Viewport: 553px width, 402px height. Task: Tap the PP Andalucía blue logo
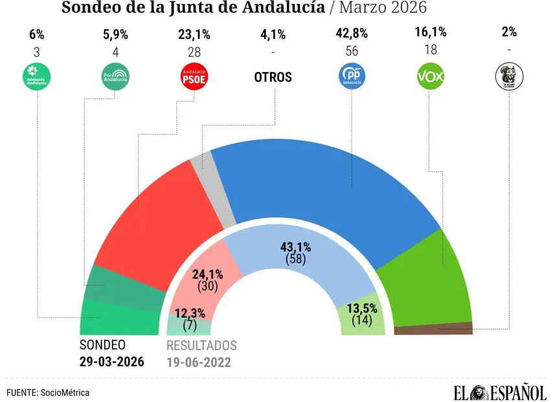coord(353,77)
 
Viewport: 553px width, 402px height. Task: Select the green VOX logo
coord(430,77)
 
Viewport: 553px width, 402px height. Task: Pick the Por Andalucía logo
coord(116,77)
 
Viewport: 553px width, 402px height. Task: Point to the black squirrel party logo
coord(509,77)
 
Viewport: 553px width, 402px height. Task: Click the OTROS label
coord(273,77)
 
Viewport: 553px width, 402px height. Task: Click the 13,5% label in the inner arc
coord(361,307)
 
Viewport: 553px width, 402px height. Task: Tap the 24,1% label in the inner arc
coord(209,273)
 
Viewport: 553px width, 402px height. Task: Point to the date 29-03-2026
coord(112,362)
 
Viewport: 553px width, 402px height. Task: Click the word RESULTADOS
coord(201,346)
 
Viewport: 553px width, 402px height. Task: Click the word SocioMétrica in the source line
coord(65,392)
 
